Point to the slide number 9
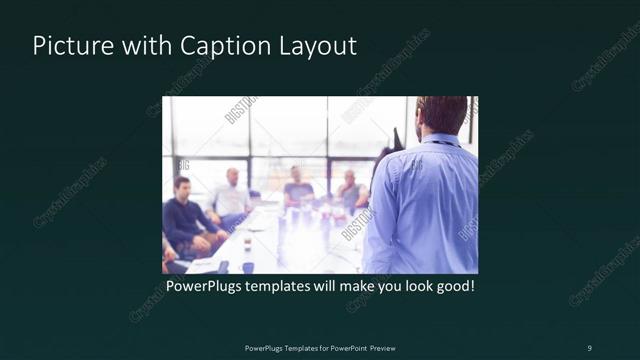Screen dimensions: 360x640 [589, 347]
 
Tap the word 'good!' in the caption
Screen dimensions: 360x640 [451, 286]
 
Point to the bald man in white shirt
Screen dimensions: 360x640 [232, 195]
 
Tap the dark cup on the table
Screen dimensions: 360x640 [247, 266]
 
